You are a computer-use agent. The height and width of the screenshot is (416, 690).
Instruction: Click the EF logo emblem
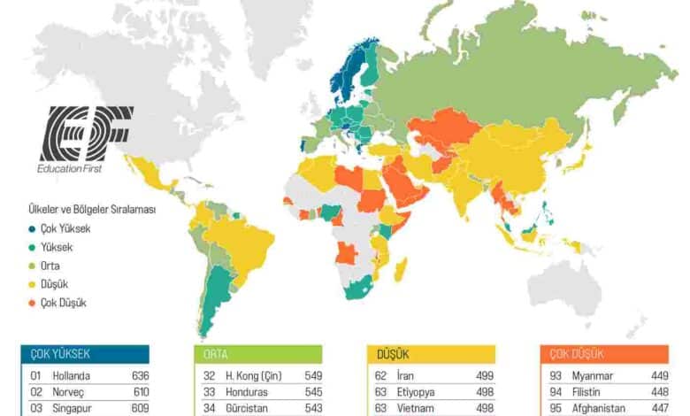pos(86,133)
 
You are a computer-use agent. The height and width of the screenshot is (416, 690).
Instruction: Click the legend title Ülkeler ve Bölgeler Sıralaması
pos(92,210)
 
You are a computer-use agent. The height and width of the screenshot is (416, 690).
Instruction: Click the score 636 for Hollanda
pos(139,375)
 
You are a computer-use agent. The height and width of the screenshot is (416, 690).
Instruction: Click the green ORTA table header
pos(257,354)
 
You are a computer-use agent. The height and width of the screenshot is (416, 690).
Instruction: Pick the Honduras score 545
pos(312,392)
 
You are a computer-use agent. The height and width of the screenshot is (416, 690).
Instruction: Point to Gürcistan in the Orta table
pos(249,409)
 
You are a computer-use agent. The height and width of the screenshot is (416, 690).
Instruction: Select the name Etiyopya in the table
pos(421,392)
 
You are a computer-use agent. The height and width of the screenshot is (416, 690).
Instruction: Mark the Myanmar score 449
pos(659,375)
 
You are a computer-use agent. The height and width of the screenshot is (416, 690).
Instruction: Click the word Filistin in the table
pos(589,392)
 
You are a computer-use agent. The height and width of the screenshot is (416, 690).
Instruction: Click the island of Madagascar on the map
pos(401,268)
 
